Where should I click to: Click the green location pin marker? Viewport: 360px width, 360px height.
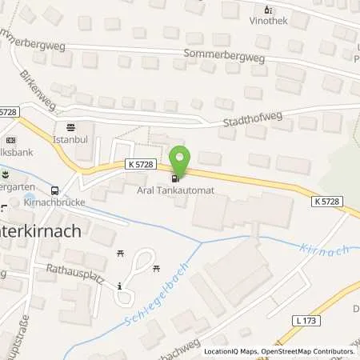click(180, 158)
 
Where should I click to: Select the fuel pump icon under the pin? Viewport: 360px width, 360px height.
click(175, 177)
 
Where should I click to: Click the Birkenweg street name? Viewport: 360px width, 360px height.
click(36, 90)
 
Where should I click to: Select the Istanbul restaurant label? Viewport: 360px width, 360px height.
click(70, 138)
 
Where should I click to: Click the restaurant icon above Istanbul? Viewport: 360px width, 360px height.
click(70, 126)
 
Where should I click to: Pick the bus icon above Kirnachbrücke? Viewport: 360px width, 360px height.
click(54, 191)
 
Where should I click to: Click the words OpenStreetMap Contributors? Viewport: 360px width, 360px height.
click(308, 351)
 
